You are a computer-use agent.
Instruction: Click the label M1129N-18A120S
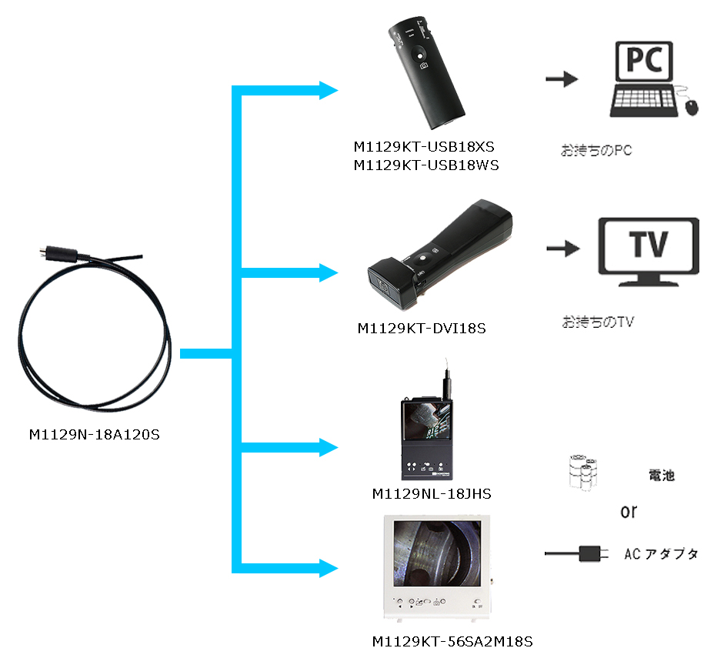(x=93, y=436)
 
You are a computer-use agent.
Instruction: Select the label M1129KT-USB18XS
(x=425, y=146)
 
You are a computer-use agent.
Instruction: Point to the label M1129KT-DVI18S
(x=422, y=329)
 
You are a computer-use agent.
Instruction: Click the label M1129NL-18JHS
(x=431, y=493)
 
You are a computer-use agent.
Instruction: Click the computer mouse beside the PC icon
(x=691, y=106)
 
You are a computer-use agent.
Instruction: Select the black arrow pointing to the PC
(x=561, y=78)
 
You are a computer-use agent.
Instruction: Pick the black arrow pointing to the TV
(x=562, y=249)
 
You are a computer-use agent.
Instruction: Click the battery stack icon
(x=583, y=471)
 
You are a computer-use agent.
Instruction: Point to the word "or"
(x=629, y=512)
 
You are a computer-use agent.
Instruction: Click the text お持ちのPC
(x=596, y=150)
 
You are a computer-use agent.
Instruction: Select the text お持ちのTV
(x=597, y=322)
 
